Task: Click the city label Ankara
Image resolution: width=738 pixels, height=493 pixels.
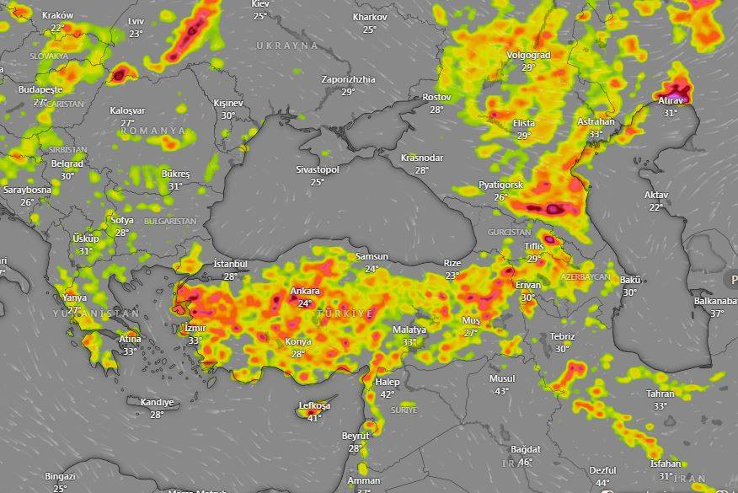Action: click(x=305, y=292)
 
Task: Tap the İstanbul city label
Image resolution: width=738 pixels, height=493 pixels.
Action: click(x=231, y=264)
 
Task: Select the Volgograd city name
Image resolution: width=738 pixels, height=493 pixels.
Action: click(x=528, y=56)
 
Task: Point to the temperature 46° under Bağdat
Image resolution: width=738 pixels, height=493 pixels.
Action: click(x=525, y=461)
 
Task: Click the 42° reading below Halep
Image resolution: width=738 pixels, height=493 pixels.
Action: click(x=387, y=394)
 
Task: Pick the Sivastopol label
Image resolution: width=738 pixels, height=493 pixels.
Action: click(x=317, y=169)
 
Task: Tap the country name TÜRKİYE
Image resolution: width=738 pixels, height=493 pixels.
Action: click(x=345, y=313)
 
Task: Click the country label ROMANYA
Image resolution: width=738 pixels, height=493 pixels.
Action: click(x=152, y=131)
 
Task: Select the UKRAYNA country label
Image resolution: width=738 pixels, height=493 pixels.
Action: click(x=287, y=45)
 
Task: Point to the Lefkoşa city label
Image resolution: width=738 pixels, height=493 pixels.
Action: click(x=314, y=406)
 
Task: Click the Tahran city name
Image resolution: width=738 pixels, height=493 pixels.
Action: click(x=660, y=394)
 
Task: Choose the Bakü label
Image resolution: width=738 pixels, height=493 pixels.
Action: click(x=630, y=280)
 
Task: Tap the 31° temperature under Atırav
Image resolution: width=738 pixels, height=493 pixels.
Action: click(x=670, y=113)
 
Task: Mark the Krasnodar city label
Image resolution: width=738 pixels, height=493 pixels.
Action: click(x=422, y=158)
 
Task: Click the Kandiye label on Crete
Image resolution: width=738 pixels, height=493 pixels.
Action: click(x=157, y=403)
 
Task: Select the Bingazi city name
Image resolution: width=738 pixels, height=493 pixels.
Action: click(x=60, y=477)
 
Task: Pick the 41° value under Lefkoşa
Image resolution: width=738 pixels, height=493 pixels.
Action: click(x=314, y=418)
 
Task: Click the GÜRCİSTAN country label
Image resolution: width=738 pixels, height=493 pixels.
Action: click(x=509, y=232)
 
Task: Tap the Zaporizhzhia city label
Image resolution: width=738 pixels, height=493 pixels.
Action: click(x=348, y=79)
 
